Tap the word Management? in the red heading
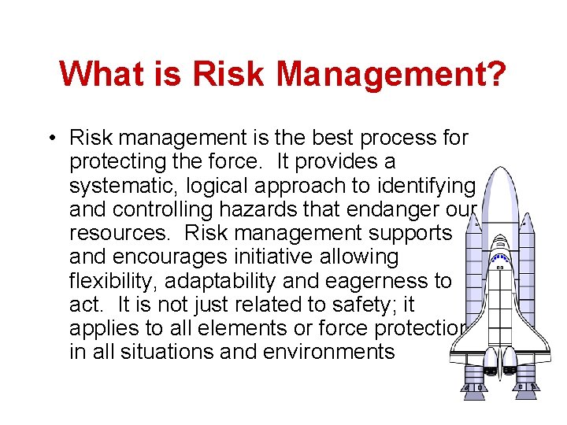(x=391, y=76)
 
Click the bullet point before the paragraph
(x=50, y=139)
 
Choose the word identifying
(x=428, y=186)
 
